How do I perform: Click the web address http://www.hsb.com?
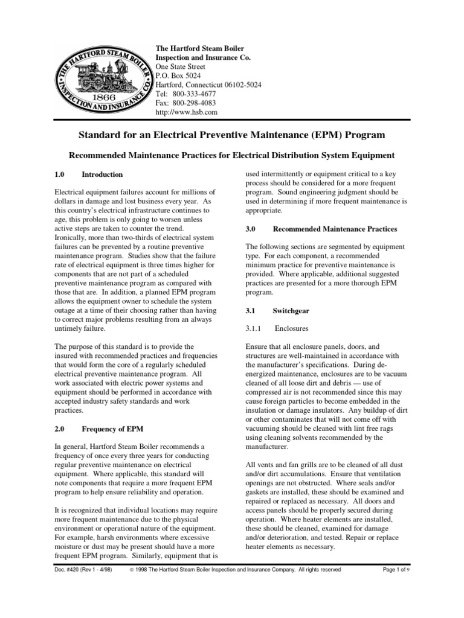(x=187, y=113)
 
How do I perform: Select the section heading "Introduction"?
(x=102, y=174)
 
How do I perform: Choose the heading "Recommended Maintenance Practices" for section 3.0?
(x=335, y=229)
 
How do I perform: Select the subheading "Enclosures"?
(x=291, y=328)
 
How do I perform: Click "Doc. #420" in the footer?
(x=70, y=569)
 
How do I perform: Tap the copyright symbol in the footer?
(x=131, y=569)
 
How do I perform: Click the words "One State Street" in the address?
(x=181, y=67)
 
